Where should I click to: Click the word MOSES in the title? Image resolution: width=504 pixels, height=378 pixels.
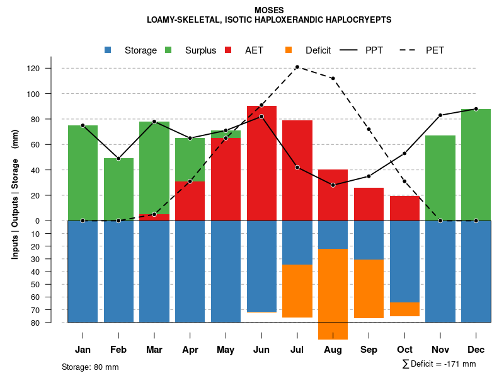tap(269, 10)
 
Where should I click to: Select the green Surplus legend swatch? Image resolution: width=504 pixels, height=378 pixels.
tap(168, 50)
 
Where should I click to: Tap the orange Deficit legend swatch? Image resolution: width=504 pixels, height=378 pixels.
tap(289, 50)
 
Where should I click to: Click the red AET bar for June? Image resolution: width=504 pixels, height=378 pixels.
tap(261, 164)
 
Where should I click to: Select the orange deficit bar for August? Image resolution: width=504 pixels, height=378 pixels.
tap(333, 294)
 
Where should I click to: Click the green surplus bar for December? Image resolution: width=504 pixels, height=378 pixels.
tap(476, 165)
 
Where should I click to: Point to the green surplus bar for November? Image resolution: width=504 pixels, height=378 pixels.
tap(440, 178)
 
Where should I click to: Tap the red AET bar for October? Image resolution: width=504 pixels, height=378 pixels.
tap(404, 209)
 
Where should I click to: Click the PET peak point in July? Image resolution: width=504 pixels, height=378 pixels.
tap(297, 67)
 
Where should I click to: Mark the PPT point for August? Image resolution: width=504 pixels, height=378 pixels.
tap(333, 185)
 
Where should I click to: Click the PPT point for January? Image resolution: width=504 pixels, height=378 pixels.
tap(83, 125)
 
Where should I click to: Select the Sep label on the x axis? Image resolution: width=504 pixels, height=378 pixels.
tap(369, 350)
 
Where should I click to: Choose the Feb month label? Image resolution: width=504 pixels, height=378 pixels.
tap(118, 350)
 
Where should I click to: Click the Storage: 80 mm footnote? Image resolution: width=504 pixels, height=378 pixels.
tap(90, 367)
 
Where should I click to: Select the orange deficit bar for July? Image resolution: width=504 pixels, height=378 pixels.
tap(297, 291)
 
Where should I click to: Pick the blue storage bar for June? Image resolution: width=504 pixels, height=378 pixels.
tap(261, 266)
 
